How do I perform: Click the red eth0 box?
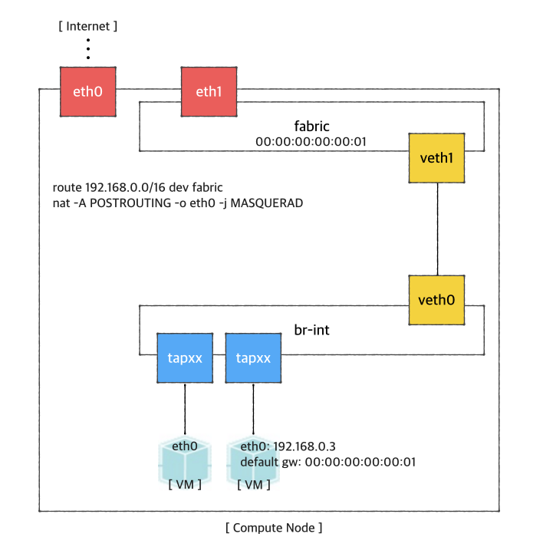pyautogui.click(x=88, y=92)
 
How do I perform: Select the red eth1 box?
pyautogui.click(x=209, y=92)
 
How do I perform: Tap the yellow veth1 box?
pyautogui.click(x=437, y=158)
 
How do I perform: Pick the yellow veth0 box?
pyautogui.click(x=437, y=298)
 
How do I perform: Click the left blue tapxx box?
pyautogui.click(x=185, y=357)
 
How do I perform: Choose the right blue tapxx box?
pyautogui.click(x=253, y=357)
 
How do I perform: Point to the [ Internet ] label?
pyautogui.click(x=88, y=26)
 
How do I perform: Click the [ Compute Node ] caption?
pyautogui.click(x=274, y=528)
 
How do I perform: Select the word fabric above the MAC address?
pyautogui.click(x=311, y=125)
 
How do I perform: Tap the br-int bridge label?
pyautogui.click(x=312, y=331)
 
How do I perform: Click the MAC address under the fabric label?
pyautogui.click(x=311, y=141)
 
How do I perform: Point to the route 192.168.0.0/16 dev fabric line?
pyautogui.click(x=137, y=188)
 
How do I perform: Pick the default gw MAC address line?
pyautogui.click(x=327, y=462)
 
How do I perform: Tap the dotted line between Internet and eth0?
pyautogui.click(x=88, y=48)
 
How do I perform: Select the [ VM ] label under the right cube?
pyautogui.click(x=253, y=485)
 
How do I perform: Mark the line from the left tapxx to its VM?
pyautogui.click(x=185, y=410)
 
